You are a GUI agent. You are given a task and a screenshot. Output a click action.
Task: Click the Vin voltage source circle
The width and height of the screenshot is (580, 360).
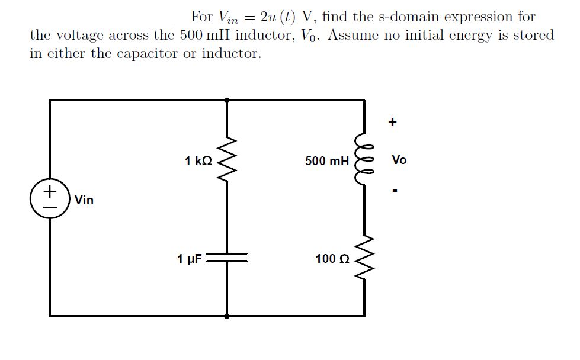[x=50, y=199]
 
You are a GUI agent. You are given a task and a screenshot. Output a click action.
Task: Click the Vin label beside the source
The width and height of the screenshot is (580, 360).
[x=84, y=200]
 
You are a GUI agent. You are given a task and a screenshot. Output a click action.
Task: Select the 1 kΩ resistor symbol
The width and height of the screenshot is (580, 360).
[x=227, y=160]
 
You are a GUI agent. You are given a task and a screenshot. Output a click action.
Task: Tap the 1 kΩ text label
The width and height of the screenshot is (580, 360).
[x=197, y=160]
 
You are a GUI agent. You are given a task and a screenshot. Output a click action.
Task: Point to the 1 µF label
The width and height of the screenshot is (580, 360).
[x=190, y=259]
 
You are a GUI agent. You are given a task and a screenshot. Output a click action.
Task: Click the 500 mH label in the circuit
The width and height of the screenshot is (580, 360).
[x=327, y=160]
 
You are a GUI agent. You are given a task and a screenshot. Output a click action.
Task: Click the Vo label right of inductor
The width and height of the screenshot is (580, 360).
[x=399, y=160]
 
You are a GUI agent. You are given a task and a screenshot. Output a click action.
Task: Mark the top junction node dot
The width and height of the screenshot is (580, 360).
[x=227, y=101]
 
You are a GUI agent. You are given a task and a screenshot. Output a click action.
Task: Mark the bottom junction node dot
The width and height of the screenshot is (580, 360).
[x=227, y=316]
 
